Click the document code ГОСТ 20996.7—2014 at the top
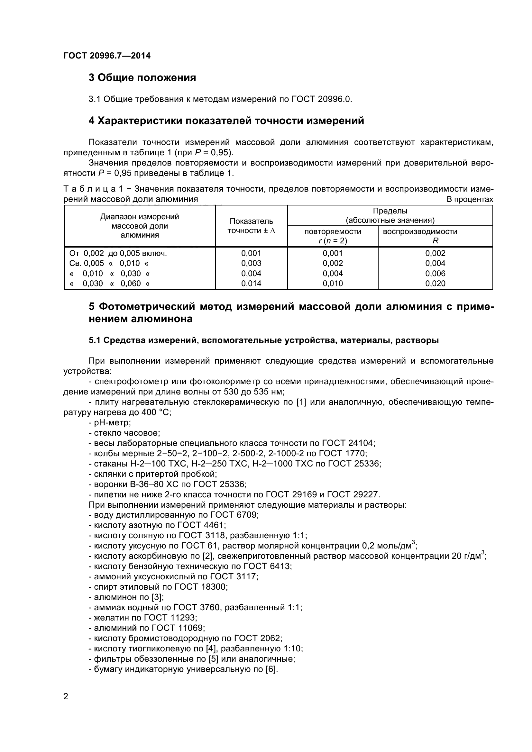107,56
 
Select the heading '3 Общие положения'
142,77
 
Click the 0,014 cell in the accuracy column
251,283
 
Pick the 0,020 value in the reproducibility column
435,283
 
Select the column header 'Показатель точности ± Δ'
251,226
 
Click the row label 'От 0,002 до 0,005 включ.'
118,253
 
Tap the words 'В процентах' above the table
469,199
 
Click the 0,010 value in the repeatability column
333,283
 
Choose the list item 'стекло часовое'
124,433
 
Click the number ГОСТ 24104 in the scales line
348,443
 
